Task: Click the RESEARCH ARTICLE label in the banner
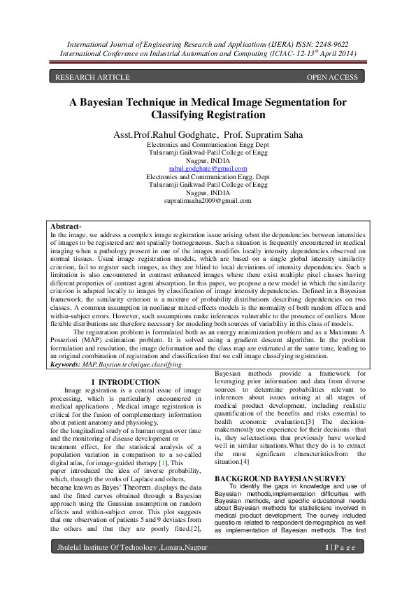click(x=92, y=77)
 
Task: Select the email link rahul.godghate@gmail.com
click(x=208, y=169)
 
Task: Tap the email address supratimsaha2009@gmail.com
click(x=208, y=201)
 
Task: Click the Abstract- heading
click(x=66, y=227)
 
